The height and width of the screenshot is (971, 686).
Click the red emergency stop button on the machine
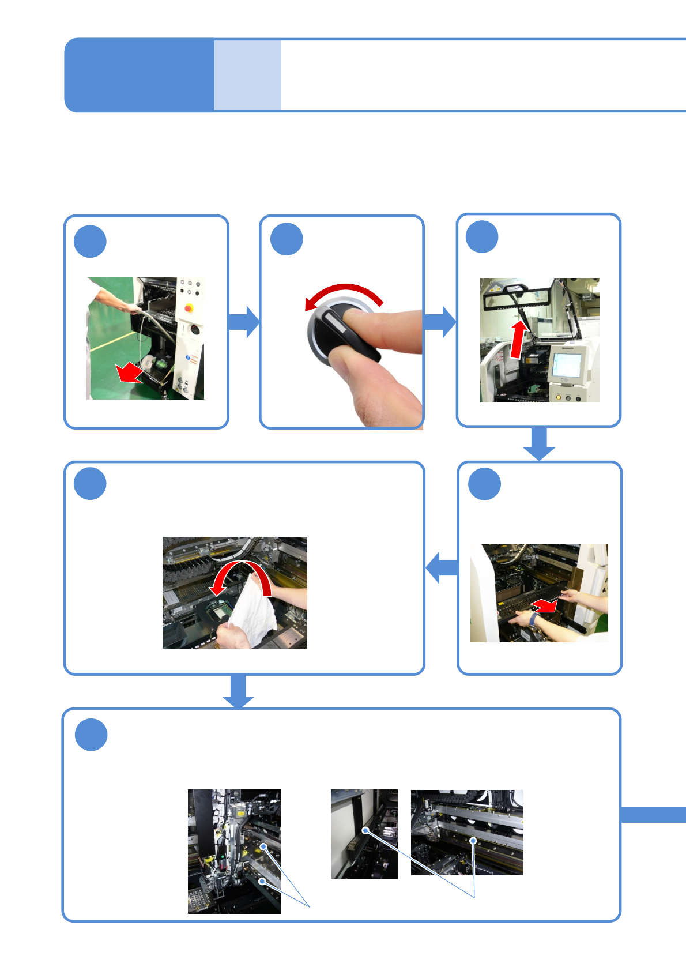click(x=189, y=308)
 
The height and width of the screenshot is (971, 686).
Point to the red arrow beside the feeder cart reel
click(x=130, y=373)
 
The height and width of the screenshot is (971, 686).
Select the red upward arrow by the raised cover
click(x=519, y=339)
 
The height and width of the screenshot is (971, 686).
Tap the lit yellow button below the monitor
click(x=558, y=398)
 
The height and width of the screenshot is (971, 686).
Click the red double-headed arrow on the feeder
click(x=544, y=605)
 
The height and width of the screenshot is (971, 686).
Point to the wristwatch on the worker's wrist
click(x=534, y=620)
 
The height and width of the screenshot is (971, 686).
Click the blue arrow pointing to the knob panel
click(x=244, y=322)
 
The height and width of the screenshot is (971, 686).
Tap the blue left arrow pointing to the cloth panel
click(x=442, y=568)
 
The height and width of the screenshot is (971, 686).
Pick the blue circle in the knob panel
click(x=287, y=239)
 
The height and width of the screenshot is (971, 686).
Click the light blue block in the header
click(x=247, y=75)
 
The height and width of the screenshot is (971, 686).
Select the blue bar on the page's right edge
click(x=653, y=815)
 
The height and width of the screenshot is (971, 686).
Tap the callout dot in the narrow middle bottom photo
click(x=365, y=830)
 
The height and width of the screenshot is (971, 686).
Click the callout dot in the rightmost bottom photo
click(x=473, y=841)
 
